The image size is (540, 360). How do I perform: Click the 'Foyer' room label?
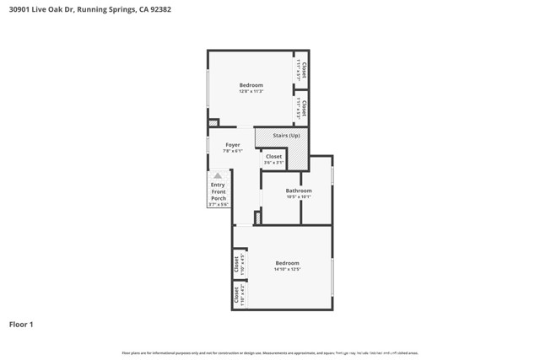click(232, 145)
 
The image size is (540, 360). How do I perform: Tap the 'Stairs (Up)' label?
click(286, 135)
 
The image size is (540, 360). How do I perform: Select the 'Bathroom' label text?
click(299, 191)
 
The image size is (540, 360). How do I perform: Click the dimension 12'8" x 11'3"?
click(251, 91)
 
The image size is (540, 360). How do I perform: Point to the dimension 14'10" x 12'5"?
click(288, 270)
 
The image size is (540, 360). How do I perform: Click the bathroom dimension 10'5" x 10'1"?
click(299, 197)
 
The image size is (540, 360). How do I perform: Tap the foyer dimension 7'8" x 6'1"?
click(232, 151)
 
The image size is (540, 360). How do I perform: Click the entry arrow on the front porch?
click(218, 175)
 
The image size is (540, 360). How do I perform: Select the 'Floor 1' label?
click(21, 324)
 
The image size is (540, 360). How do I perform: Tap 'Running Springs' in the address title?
click(105, 10)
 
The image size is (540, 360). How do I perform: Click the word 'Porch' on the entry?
click(218, 198)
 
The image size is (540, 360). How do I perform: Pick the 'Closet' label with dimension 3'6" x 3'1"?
click(274, 156)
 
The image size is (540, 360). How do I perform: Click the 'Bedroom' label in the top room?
click(251, 85)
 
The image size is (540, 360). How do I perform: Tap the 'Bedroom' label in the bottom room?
click(288, 263)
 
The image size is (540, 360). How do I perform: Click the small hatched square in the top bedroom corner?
click(213, 123)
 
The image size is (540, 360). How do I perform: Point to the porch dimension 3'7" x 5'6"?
click(218, 204)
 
